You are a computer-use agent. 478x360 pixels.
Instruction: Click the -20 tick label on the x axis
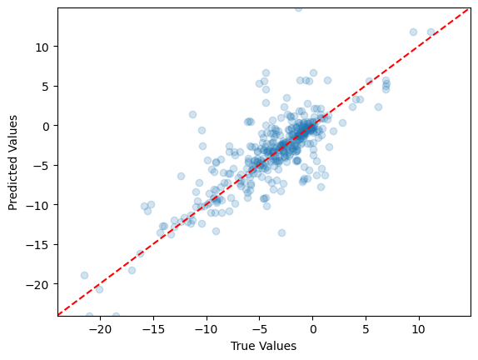pyautogui.click(x=100, y=328)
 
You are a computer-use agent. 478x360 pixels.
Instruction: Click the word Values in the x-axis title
pyautogui.click(x=280, y=345)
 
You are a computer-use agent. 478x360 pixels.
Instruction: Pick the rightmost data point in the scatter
pyautogui.click(x=431, y=32)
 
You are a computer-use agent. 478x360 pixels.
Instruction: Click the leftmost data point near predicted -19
pyautogui.click(x=84, y=275)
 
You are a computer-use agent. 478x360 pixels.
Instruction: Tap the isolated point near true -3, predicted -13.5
pyautogui.click(x=281, y=232)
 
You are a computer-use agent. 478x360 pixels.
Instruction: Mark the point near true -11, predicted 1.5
pyautogui.click(x=192, y=114)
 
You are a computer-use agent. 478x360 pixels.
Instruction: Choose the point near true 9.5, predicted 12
pyautogui.click(x=413, y=32)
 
